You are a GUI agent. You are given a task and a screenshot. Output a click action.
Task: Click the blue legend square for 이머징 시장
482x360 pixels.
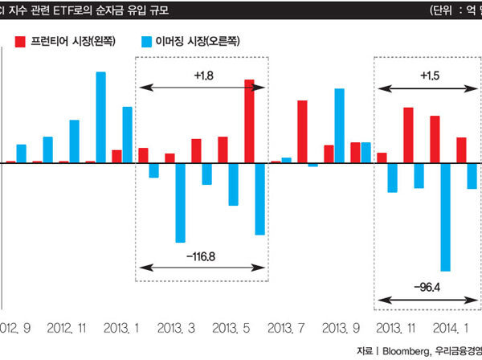pos(145,41)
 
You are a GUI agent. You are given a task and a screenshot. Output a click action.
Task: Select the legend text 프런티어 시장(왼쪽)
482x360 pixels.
pos(73,41)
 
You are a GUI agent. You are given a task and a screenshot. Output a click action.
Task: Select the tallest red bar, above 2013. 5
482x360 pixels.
pos(249,121)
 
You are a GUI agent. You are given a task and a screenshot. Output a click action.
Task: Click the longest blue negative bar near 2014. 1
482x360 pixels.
pos(445,217)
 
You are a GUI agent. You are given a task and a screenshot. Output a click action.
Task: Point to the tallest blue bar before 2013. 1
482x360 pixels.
pos(101,117)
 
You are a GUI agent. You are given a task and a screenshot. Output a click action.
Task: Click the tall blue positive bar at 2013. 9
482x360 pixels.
pos(339,125)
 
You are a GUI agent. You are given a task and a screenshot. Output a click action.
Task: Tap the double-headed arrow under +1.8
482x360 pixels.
pos(202,87)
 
